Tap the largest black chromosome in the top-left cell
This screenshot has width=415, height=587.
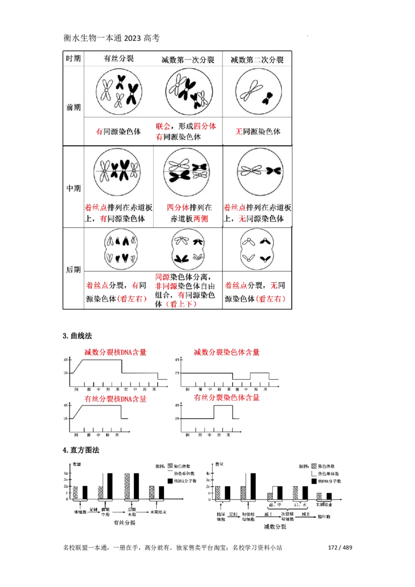pyautogui.click(x=132, y=94)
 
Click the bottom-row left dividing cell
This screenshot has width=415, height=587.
pyautogui.click(x=122, y=249)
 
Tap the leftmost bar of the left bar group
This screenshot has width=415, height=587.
pyautogui.click(x=75, y=492)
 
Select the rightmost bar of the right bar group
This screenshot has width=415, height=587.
pyautogui.click(x=320, y=495)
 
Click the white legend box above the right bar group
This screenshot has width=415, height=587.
pyautogui.click(x=314, y=473)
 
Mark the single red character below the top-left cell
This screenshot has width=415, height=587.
pyautogui.click(x=99, y=132)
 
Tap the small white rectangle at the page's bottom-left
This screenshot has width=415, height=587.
pyautogui.click(x=68, y=553)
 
